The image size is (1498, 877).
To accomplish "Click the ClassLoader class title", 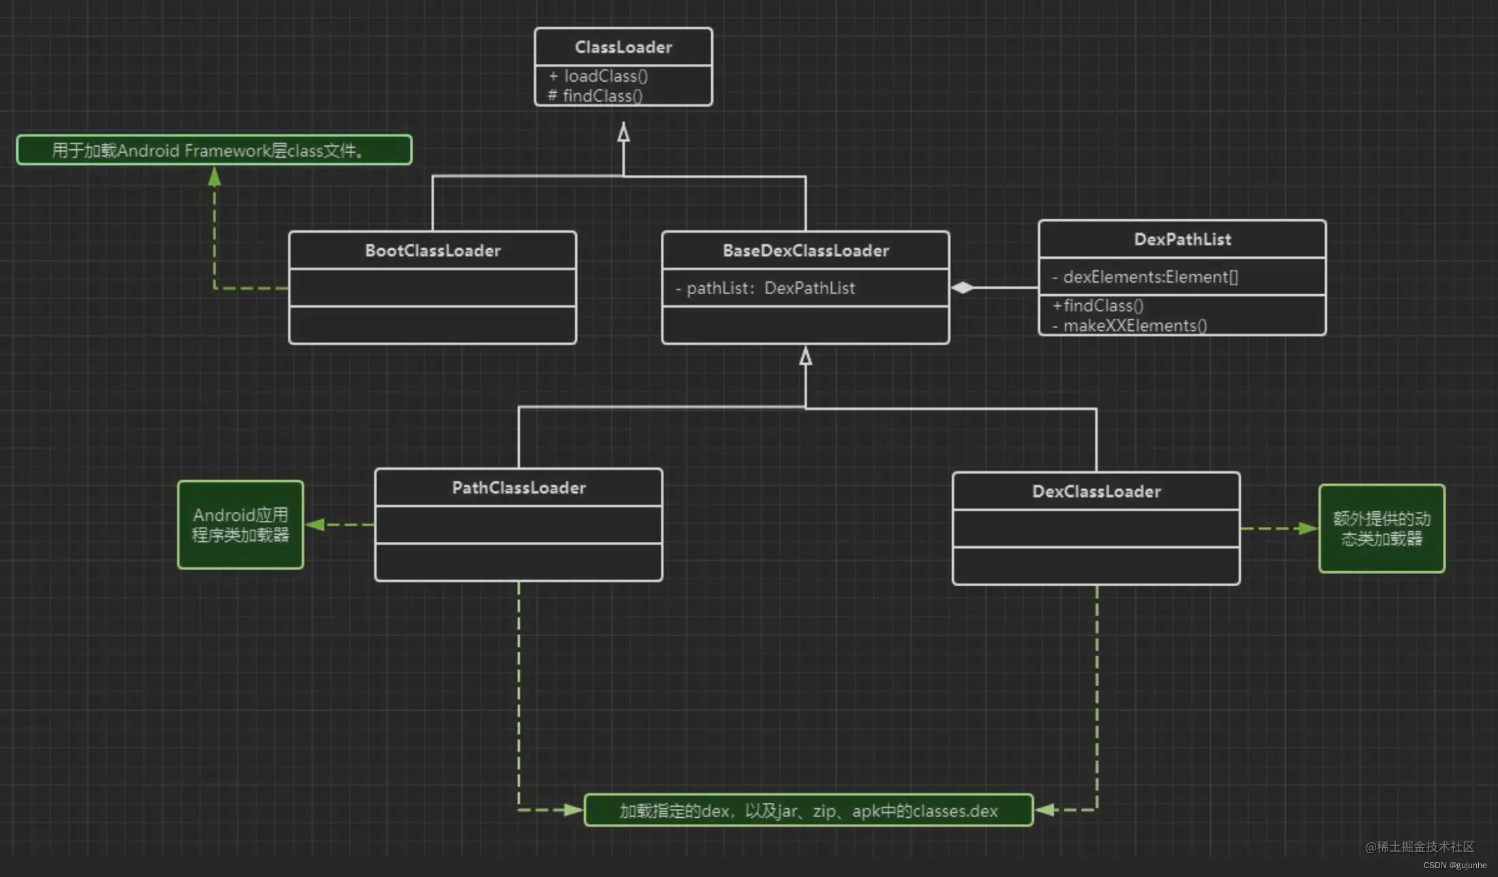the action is pyautogui.click(x=623, y=47).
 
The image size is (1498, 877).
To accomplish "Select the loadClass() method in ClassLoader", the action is pyautogui.click(x=598, y=76).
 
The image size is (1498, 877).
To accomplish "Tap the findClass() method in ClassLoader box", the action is pyautogui.click(x=596, y=96).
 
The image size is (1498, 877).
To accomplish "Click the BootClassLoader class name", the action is pyautogui.click(x=433, y=251).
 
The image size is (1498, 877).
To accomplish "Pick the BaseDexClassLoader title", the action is pyautogui.click(x=806, y=251).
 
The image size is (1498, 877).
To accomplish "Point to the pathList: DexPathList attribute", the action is pyautogui.click(x=765, y=288).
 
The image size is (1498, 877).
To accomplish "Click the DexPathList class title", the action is pyautogui.click(x=1182, y=239).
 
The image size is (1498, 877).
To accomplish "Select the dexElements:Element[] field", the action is pyautogui.click(x=1145, y=277).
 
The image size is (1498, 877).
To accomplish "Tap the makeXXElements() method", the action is pyautogui.click(x=1130, y=325).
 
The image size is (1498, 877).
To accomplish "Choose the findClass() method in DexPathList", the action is pyautogui.click(x=1098, y=306).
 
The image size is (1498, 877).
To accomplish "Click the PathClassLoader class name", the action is pyautogui.click(x=519, y=488).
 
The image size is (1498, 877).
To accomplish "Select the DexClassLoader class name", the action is pyautogui.click(x=1096, y=492).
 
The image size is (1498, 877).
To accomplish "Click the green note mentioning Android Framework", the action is pyautogui.click(x=214, y=150).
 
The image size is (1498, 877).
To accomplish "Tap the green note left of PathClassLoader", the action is pyautogui.click(x=240, y=525).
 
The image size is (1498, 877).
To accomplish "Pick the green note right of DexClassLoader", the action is pyautogui.click(x=1382, y=528).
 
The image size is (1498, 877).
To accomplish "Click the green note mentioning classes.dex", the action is pyautogui.click(x=809, y=810).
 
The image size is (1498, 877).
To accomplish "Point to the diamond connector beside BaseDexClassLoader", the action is pyautogui.click(x=962, y=287).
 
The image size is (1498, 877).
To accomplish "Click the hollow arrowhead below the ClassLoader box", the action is pyautogui.click(x=623, y=132).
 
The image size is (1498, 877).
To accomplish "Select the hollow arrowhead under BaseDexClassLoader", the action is pyautogui.click(x=806, y=355).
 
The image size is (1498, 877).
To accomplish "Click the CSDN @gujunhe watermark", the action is pyautogui.click(x=1455, y=865).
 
